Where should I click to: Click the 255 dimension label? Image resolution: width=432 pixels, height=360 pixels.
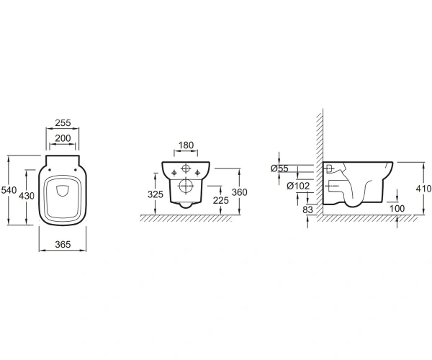pos(63,122)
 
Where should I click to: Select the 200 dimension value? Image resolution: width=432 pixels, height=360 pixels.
pos(63,138)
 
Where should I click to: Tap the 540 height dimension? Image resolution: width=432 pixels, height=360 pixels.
pos(9,190)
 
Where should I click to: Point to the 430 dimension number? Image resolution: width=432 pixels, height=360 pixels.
pos(27,196)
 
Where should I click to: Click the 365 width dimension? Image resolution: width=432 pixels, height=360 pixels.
pos(63,244)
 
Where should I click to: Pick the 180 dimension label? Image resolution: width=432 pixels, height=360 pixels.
pos(186,145)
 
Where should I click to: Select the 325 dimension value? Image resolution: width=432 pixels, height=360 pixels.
pos(156,194)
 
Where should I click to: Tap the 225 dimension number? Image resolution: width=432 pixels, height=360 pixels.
pos(221,200)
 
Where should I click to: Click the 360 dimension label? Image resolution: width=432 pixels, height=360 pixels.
pos(240,192)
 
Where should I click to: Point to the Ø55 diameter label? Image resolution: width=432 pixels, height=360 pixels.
pos(279,168)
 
